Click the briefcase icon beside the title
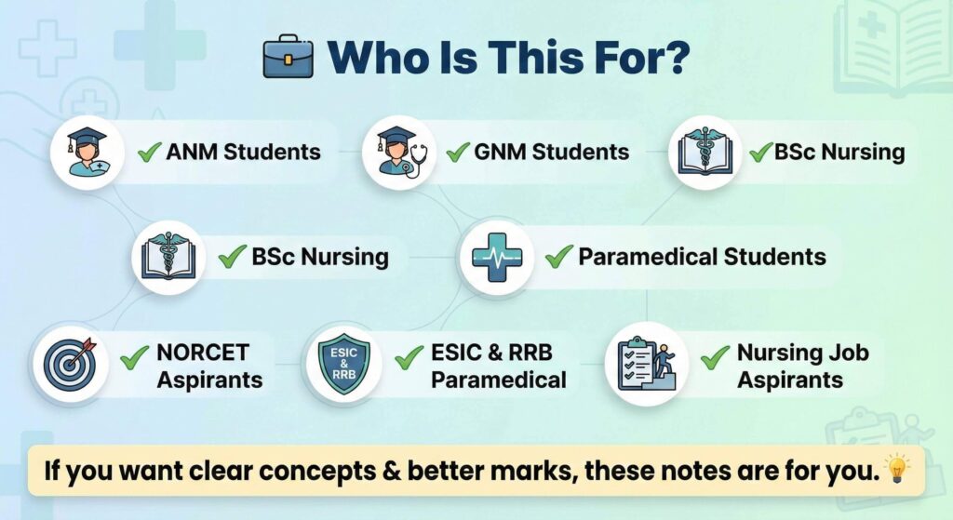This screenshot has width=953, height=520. tap(289, 56)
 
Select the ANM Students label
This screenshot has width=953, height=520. tap(243, 152)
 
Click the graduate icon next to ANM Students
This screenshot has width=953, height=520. tap(87, 152)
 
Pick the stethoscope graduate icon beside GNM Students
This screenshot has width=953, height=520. tap(399, 152)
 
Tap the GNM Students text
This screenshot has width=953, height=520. tap(551, 152)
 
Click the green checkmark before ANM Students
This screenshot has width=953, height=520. tap(150, 152)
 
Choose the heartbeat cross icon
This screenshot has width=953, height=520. tap(497, 258)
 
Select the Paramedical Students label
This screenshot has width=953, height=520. tap(702, 257)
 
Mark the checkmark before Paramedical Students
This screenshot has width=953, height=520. tap(559, 257)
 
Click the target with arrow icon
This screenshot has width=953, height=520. tap(71, 364)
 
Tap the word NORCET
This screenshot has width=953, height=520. tap(203, 353)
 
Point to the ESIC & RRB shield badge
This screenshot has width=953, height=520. tap(344, 364)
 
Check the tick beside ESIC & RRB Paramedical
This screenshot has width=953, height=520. tap(409, 357)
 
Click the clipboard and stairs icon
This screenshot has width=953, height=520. tap(647, 364)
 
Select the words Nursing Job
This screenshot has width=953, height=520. tap(803, 353)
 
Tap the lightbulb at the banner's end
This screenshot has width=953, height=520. tap(897, 470)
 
